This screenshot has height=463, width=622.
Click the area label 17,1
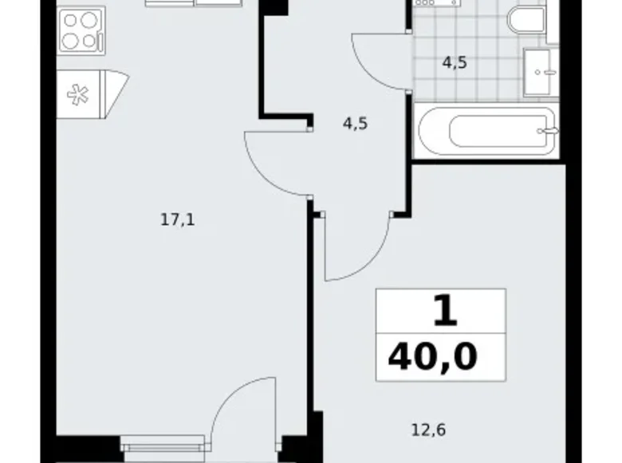pos(178,220)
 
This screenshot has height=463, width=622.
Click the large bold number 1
pos(446,311)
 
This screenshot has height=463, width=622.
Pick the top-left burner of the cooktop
pos(69,22)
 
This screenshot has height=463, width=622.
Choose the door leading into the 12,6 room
pos(359,247)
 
